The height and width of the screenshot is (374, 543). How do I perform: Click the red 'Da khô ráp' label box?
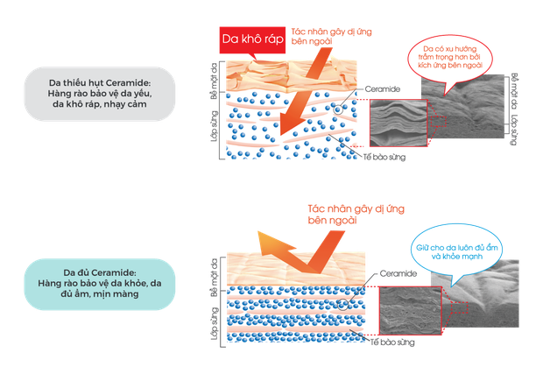[x=252, y=39]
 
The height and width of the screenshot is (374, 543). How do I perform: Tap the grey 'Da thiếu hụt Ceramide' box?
[x=100, y=94]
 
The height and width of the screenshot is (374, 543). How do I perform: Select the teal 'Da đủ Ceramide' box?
[x=100, y=284]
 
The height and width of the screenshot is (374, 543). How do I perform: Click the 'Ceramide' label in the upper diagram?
[x=383, y=89]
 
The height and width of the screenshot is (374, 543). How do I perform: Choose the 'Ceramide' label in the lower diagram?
[x=398, y=273]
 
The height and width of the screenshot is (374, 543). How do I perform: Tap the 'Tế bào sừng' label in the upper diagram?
[x=384, y=157]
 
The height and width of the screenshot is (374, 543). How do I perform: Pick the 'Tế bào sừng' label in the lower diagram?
[x=392, y=342]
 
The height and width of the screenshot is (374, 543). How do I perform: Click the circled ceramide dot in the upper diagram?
[x=338, y=109]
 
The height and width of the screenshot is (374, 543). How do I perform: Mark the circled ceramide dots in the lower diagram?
[x=342, y=305]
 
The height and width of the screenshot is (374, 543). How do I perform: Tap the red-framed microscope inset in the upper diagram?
[x=398, y=123]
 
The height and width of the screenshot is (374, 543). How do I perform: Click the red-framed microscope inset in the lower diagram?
[x=411, y=311]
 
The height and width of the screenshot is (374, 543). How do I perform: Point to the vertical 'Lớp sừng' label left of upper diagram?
[x=215, y=126]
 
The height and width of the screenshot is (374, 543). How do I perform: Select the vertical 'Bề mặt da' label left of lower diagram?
[x=215, y=278]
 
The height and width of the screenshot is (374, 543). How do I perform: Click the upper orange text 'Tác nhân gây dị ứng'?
[x=331, y=32]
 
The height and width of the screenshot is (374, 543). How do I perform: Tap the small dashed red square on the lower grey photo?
[x=460, y=307]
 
